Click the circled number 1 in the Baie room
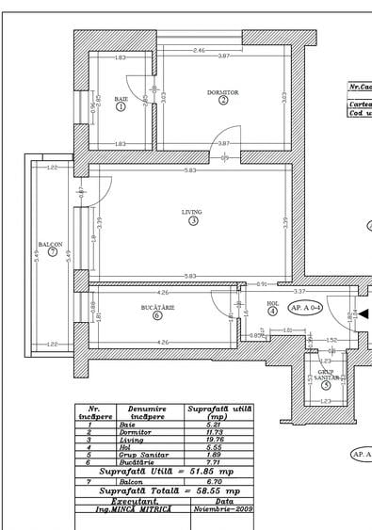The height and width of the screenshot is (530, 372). (x=121, y=107)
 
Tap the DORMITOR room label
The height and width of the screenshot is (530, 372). (x=223, y=92)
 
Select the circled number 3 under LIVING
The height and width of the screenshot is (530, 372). (x=193, y=222)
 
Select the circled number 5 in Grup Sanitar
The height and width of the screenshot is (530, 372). (x=326, y=384)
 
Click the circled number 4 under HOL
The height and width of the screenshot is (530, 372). (x=272, y=311)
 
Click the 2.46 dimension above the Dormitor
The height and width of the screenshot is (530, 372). (x=199, y=50)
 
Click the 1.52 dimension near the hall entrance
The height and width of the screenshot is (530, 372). (x=332, y=340)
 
